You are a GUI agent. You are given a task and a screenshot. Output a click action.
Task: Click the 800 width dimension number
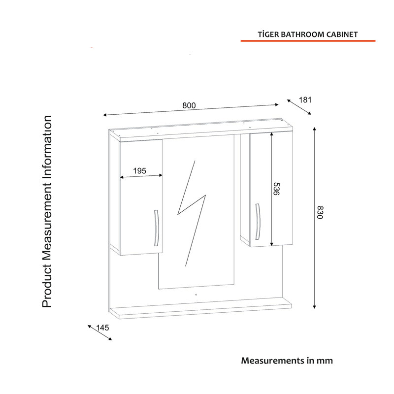pos(189,105)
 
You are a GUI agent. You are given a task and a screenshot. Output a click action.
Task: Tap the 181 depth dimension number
pos(305,100)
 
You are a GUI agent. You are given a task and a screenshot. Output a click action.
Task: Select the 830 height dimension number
pos(320,212)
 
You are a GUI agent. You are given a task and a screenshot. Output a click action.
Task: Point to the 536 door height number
pos(276,189)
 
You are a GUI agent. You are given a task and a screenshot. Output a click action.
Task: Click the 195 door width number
pos(139,171)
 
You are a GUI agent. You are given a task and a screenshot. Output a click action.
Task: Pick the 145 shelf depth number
pos(102,328)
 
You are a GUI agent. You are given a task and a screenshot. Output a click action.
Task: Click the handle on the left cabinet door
pos(156,228)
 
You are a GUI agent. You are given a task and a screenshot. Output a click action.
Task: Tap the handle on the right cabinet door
pos(258,222)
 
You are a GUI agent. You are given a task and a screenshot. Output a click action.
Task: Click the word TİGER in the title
pos(268,34)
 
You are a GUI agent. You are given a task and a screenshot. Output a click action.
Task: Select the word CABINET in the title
pos(342,34)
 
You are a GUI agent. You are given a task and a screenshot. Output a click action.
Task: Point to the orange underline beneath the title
pos(308,41)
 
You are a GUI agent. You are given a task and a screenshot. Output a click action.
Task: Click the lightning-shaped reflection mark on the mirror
pos(192,213)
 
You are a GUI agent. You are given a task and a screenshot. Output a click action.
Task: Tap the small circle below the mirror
pos(196,295)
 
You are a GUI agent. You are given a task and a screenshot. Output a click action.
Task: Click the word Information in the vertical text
pos(47,147)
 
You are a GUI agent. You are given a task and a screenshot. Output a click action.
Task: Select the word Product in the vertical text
pos(47,286)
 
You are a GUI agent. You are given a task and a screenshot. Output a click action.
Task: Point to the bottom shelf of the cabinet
pos(200,308)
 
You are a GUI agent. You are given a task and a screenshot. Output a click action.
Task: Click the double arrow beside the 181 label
pos(299,107)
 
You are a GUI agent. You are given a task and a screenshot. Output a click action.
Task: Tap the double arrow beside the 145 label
pos(100,333)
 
